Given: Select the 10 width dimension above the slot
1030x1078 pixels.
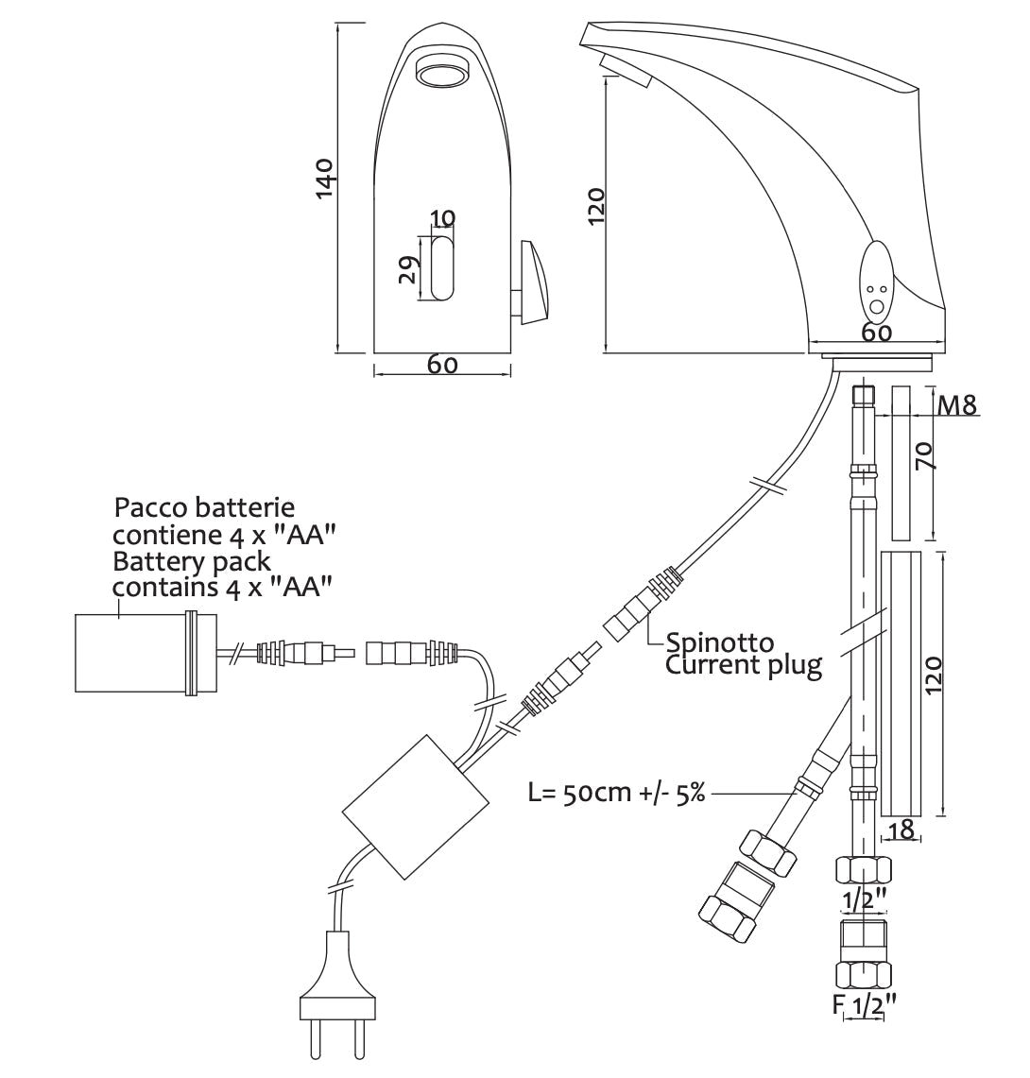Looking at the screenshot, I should coord(441,218).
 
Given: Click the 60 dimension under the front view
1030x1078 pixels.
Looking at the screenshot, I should coord(442,364).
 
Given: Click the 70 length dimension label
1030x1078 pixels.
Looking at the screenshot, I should coord(926,458).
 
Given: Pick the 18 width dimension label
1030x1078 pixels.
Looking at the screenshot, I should coord(902,830).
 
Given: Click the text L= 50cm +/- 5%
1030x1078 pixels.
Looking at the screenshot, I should coord(616,792).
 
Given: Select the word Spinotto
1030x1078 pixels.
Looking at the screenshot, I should coord(720,644).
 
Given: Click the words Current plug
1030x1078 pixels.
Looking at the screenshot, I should coord(744,665).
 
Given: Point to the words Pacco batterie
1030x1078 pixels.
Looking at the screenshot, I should coord(211,508).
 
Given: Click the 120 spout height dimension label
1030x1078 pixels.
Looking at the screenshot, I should coord(595,206).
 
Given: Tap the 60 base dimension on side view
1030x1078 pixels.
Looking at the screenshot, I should coord(877,333).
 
